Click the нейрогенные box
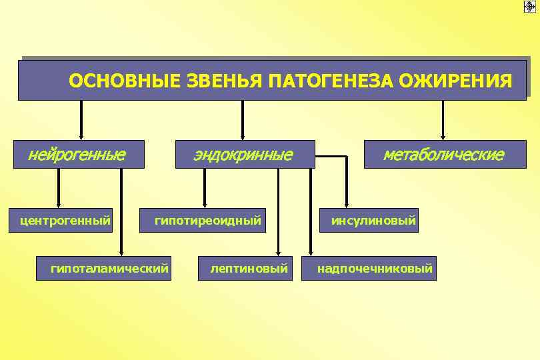pos(79,155)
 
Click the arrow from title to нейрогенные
pos(81,120)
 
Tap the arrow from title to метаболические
pos(443,120)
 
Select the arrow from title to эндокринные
pos(243,120)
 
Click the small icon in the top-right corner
pos(530,7)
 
